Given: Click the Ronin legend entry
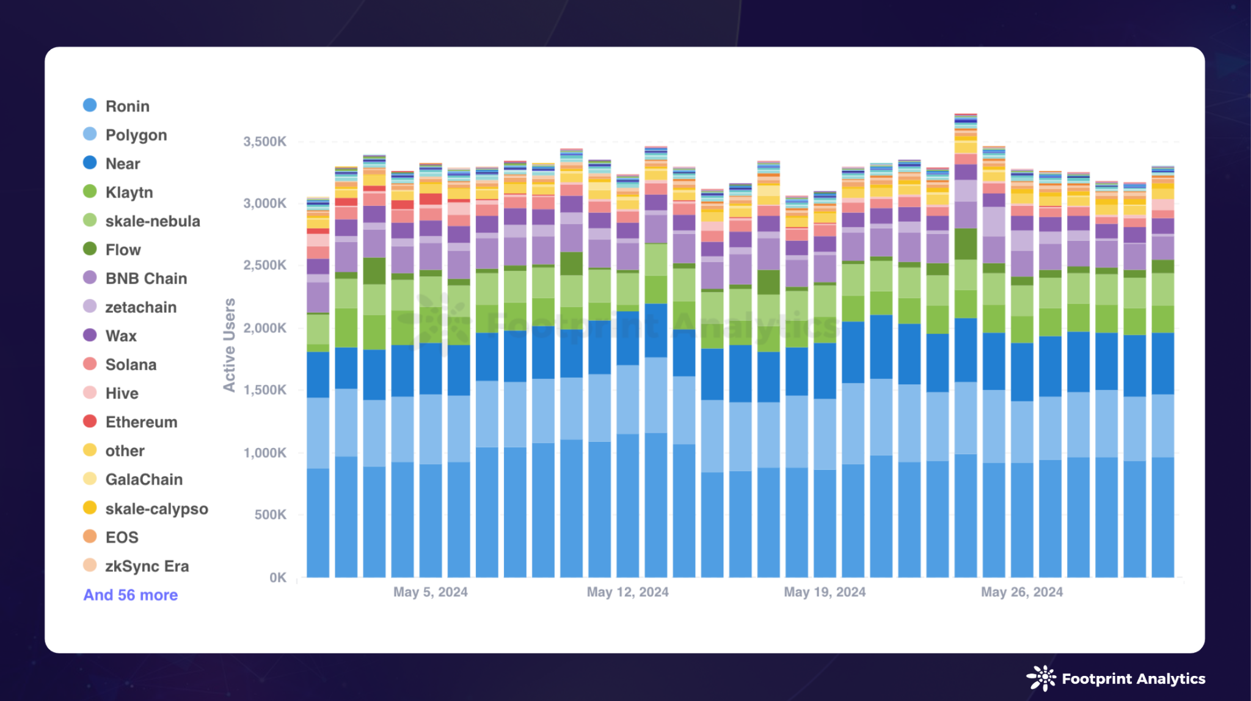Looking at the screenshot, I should (x=127, y=106).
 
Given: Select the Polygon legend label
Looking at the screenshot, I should (x=136, y=135).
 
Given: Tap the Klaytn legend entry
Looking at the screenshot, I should (x=129, y=193).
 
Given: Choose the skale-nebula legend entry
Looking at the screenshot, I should (x=152, y=221).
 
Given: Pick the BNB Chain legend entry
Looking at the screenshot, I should (x=146, y=279).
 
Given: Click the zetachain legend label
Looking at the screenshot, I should (x=140, y=307).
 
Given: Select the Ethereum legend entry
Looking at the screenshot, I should (x=141, y=422).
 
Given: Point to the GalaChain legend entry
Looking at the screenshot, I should (x=144, y=480).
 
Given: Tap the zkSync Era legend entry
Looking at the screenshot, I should (x=147, y=567).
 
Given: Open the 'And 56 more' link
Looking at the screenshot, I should (x=131, y=595).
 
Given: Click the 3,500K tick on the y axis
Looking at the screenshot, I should (x=264, y=142).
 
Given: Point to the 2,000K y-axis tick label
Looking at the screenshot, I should (x=264, y=328).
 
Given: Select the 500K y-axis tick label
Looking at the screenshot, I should (x=270, y=515).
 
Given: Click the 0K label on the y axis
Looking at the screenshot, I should (x=277, y=578).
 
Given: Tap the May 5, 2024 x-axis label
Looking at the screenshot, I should (x=431, y=592).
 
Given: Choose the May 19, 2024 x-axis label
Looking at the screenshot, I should (x=825, y=592).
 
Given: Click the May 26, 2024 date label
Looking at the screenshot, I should (x=1022, y=592).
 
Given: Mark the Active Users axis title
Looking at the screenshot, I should (x=229, y=345).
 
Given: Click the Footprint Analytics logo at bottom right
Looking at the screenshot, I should (x=1115, y=678).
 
